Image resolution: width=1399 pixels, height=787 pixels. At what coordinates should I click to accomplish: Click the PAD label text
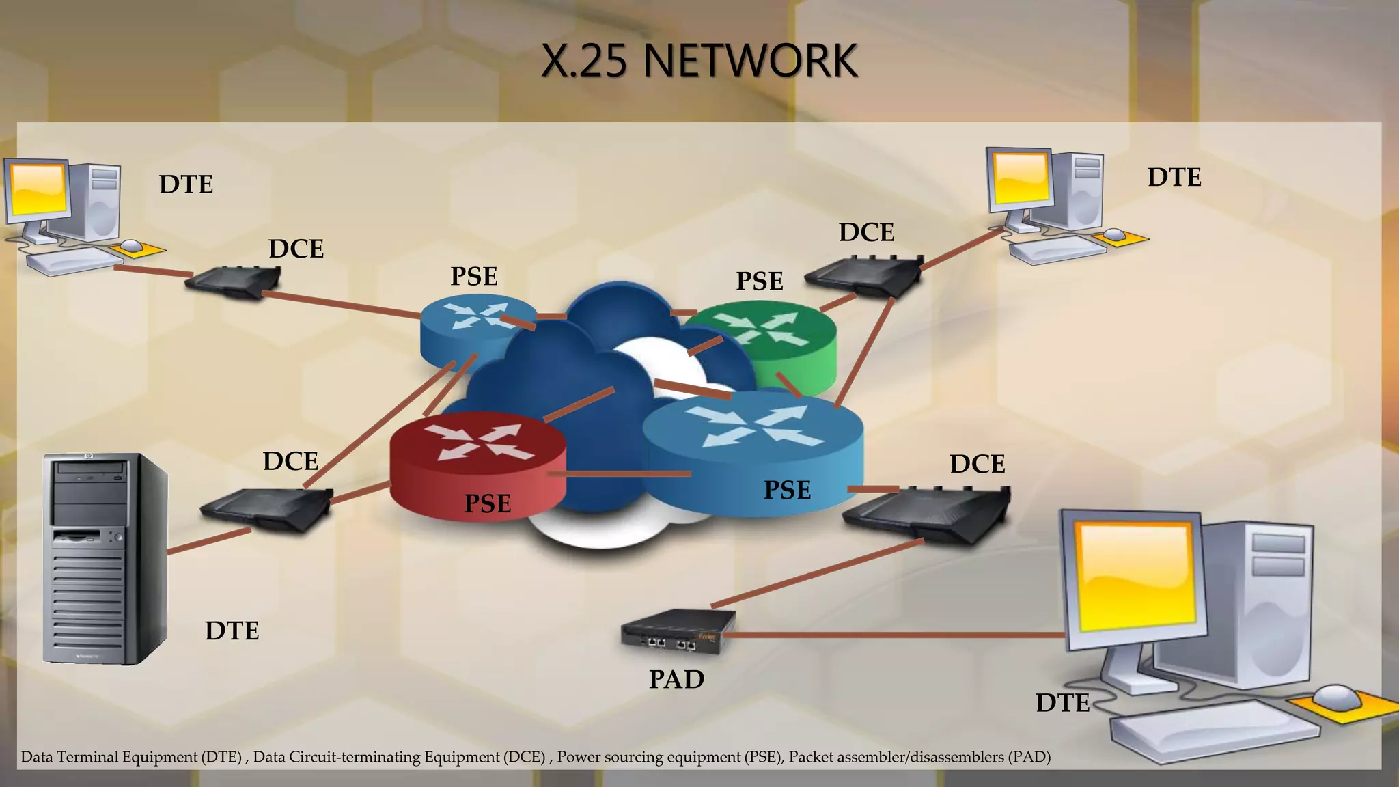[x=676, y=680]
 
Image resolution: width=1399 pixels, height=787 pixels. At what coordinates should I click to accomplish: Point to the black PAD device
[x=678, y=632]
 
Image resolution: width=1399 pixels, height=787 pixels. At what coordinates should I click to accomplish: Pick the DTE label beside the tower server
[x=232, y=631]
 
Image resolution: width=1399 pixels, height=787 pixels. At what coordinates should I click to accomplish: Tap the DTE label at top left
[x=186, y=184]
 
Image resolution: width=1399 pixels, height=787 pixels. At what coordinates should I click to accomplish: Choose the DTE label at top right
[x=1174, y=177]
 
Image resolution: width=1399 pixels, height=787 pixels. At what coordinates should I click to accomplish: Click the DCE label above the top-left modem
[x=296, y=249]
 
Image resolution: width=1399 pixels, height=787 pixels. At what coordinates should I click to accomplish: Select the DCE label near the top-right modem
[x=866, y=232]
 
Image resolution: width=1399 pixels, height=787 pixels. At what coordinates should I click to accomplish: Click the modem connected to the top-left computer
[x=236, y=281]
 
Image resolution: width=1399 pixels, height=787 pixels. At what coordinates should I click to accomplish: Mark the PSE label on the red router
[x=487, y=503]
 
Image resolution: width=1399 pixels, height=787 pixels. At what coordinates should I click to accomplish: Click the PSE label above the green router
[x=759, y=281]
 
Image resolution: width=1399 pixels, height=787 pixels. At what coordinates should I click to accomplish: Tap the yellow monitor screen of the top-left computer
[x=38, y=189]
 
